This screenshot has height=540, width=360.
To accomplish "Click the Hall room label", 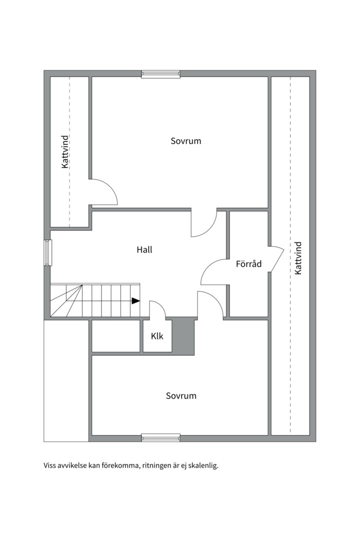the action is [144, 249].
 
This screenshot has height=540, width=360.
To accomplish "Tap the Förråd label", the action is [248, 264].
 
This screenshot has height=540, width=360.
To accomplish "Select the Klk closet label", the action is [157, 336].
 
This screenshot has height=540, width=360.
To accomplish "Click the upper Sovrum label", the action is [186, 141].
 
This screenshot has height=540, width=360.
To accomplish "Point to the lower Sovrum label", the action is [181, 395].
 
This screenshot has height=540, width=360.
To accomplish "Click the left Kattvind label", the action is [65, 152].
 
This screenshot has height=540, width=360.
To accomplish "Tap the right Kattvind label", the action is [298, 258].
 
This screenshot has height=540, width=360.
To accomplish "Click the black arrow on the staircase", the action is [135, 300].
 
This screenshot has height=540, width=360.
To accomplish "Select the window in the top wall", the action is [161, 74].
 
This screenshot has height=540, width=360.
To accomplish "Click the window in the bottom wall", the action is [161, 437].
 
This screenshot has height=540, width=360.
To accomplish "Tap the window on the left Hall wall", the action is [47, 253].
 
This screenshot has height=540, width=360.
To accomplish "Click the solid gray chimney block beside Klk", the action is [183, 336].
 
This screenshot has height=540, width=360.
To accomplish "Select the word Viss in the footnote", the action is [49, 466].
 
